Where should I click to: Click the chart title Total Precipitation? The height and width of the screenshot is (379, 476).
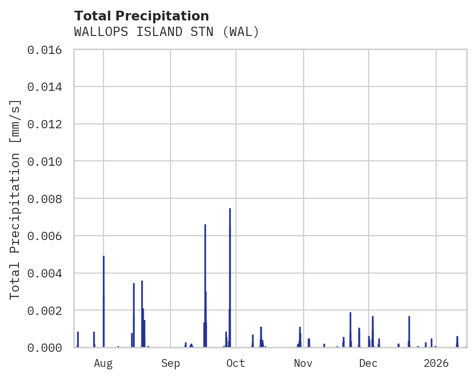pyautogui.click(x=141, y=16)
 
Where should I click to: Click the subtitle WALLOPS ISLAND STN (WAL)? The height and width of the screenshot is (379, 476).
pyautogui.click(x=167, y=32)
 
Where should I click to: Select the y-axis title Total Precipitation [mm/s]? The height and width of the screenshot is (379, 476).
pyautogui.click(x=16, y=199)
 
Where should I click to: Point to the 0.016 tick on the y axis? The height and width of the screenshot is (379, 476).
pyautogui.click(x=48, y=50)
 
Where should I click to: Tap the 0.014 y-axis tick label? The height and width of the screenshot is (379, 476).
pyautogui.click(x=48, y=87)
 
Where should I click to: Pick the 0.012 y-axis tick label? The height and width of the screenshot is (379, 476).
pyautogui.click(x=48, y=124)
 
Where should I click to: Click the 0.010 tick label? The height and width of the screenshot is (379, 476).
pyautogui.click(x=48, y=161)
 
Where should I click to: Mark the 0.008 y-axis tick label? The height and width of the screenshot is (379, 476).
pyautogui.click(x=48, y=199)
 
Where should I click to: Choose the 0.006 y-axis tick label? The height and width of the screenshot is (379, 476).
pyautogui.click(x=48, y=236)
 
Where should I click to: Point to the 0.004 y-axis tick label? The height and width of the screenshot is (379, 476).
pyautogui.click(x=48, y=273)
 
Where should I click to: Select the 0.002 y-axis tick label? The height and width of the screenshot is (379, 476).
pyautogui.click(x=48, y=310)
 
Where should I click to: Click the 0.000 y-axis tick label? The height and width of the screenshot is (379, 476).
pyautogui.click(x=48, y=347)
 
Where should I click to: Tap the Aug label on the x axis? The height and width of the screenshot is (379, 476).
pyautogui.click(x=103, y=363)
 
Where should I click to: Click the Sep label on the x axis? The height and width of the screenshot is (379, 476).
pyautogui.click(x=170, y=363)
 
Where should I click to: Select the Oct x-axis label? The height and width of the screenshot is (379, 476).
pyautogui.click(x=236, y=363)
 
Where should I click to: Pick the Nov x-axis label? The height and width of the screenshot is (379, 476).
pyautogui.click(x=303, y=363)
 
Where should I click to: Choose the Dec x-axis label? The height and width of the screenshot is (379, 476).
pyautogui.click(x=369, y=363)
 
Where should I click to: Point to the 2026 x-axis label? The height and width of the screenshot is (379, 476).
pyautogui.click(x=436, y=363)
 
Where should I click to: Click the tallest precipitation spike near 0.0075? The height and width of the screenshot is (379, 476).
pyautogui.click(x=230, y=210)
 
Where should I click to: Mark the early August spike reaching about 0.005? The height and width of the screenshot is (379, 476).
pyautogui.click(x=103, y=258)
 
